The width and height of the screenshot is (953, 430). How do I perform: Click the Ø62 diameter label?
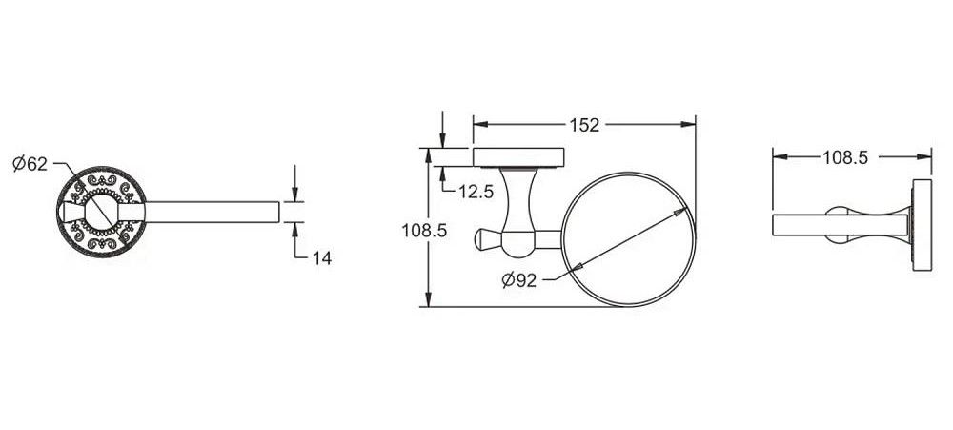coord(30,164)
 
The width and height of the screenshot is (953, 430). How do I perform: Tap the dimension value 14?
coord(322,257)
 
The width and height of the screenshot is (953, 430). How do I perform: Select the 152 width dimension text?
coord(584,125)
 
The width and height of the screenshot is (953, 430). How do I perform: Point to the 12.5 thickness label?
coord(476,192)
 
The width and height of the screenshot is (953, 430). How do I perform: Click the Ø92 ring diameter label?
coord(519,279)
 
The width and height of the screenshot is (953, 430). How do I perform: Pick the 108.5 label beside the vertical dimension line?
coord(424,231)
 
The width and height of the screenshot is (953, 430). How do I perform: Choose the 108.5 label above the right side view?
coord(845,157)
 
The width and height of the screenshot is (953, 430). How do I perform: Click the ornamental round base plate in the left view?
coord(101,212)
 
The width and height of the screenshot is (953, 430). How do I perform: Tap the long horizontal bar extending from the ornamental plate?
coord(212,212)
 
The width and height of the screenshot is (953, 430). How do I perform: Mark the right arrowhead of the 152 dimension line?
coord(688,125)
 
